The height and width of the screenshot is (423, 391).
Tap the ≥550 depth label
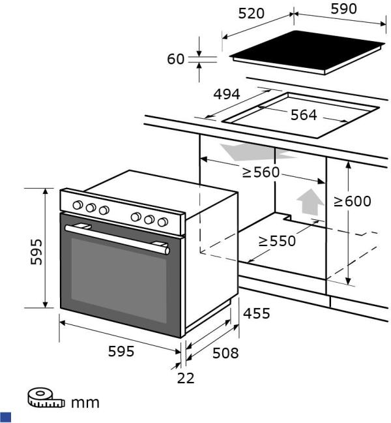(x=277, y=240)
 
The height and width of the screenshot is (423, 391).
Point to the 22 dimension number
(x=186, y=378)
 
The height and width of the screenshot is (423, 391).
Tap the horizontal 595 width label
(x=121, y=351)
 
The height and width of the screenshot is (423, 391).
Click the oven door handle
(x=117, y=238)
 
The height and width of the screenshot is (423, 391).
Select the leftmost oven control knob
(x=78, y=206)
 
